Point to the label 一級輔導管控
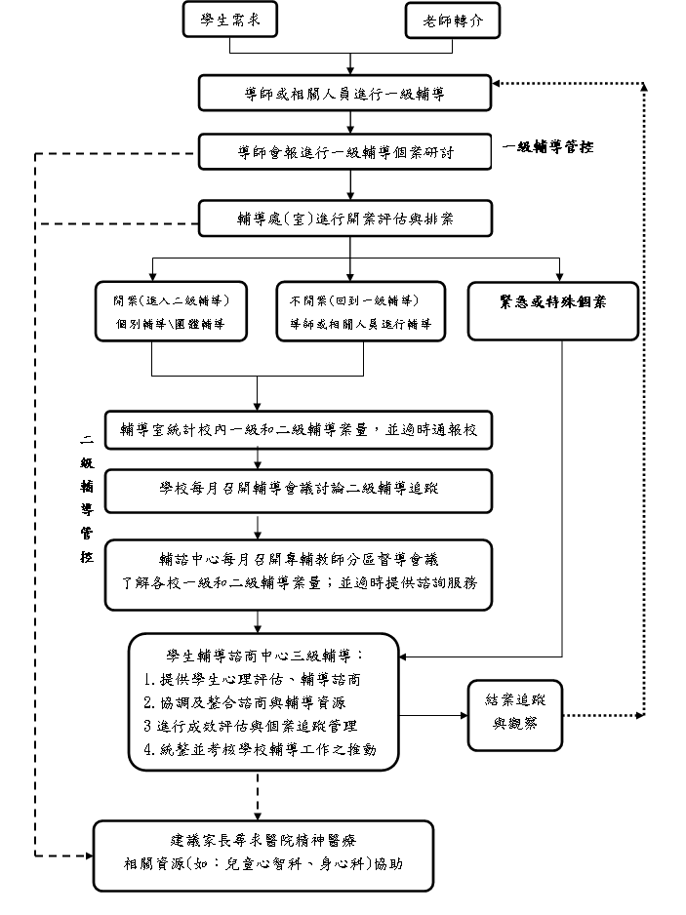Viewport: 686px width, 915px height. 547,147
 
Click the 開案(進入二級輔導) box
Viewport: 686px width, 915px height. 169,311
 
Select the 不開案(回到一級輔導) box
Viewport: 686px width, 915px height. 362,311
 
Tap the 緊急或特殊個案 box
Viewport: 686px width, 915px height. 552,311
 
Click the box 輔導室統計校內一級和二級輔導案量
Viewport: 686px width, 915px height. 298,428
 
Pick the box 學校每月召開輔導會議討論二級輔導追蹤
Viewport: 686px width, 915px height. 298,490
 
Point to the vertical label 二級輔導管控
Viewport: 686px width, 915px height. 87,497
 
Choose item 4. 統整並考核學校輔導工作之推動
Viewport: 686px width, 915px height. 259,749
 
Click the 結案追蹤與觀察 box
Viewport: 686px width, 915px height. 514,714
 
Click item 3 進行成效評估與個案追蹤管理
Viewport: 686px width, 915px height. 250,726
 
